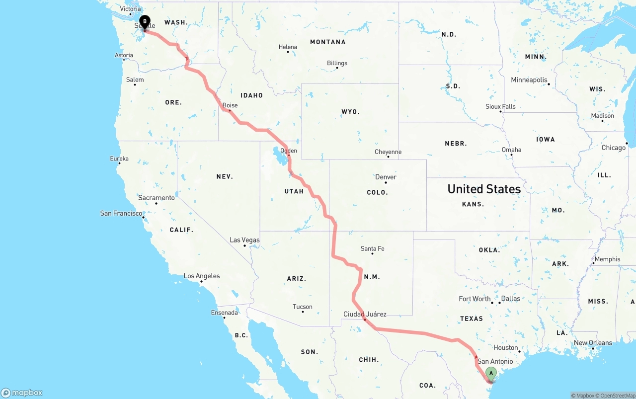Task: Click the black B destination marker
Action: point(145,22)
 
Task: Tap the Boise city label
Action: point(230,105)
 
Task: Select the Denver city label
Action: point(386,177)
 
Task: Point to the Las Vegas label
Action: point(244,240)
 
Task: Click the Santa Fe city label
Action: point(372,248)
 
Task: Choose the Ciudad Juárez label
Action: point(365,314)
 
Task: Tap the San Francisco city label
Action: point(121,213)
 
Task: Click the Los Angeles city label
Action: point(202,276)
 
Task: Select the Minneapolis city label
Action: point(529,80)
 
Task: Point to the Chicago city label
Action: point(614,148)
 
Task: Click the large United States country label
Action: point(484,189)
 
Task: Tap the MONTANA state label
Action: point(327,42)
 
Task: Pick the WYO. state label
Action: point(350,112)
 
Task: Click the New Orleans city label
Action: point(593,343)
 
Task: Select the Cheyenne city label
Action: point(388,152)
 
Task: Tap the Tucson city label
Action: point(303,307)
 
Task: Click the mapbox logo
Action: point(22,393)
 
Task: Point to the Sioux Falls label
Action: point(500,106)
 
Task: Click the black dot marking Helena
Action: point(288,52)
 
